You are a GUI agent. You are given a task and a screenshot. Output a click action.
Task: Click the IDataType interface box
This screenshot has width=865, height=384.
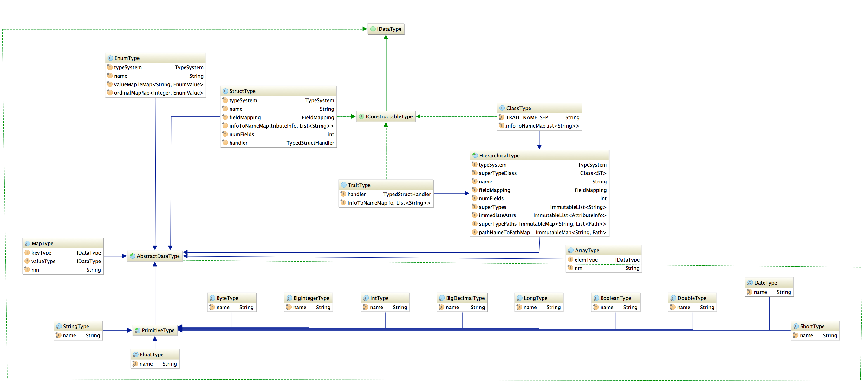pos(386,29)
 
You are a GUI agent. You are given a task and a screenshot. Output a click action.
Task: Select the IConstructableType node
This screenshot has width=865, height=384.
pos(386,116)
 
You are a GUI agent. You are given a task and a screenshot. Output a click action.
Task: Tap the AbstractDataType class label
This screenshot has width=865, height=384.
pos(158,256)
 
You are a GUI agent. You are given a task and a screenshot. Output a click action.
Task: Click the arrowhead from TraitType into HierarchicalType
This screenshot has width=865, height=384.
pos(467,194)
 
